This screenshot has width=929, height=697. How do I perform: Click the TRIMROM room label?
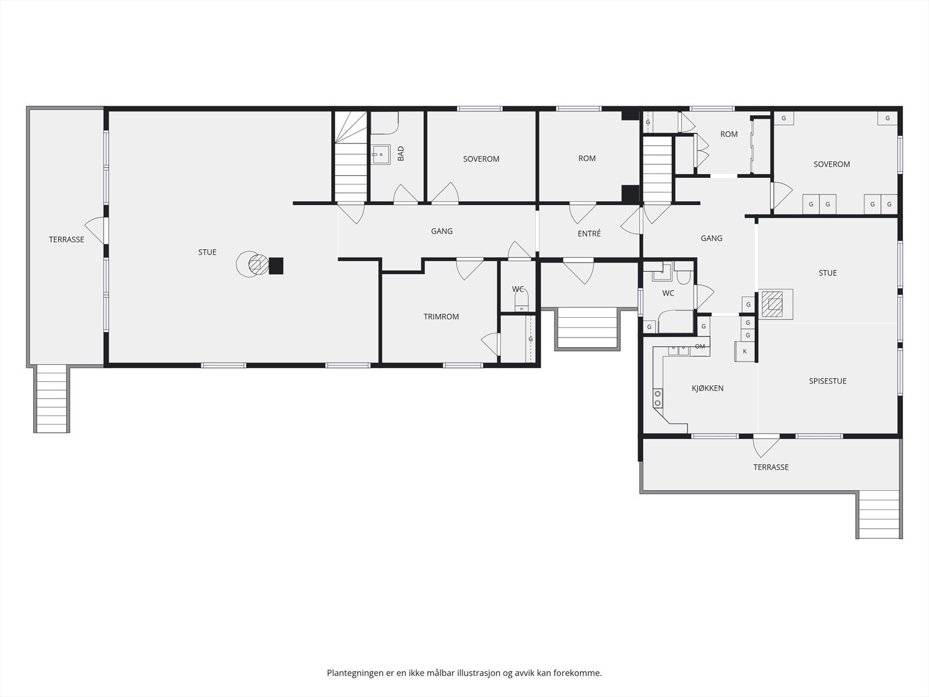441,317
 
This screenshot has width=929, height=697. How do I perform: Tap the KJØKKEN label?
708,388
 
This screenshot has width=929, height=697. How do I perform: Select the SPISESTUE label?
827,381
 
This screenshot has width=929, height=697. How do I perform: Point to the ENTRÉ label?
589,233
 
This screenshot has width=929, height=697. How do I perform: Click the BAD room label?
401,153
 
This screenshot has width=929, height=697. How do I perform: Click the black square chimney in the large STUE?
276,266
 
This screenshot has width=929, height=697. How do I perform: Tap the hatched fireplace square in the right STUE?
772,304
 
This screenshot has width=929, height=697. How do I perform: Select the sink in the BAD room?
381,155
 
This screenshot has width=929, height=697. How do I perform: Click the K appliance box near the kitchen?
745,351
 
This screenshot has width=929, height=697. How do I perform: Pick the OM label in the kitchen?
700,346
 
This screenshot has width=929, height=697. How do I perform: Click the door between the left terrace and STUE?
96,231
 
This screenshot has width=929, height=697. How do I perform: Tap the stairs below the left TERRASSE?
52,399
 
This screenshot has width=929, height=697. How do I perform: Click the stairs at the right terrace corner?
879,514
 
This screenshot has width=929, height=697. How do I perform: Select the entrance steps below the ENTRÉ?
587,328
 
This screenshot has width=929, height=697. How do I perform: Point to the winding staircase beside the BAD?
351,156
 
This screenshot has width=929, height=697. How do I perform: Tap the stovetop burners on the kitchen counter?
658,398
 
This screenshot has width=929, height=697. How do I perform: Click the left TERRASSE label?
66,239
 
